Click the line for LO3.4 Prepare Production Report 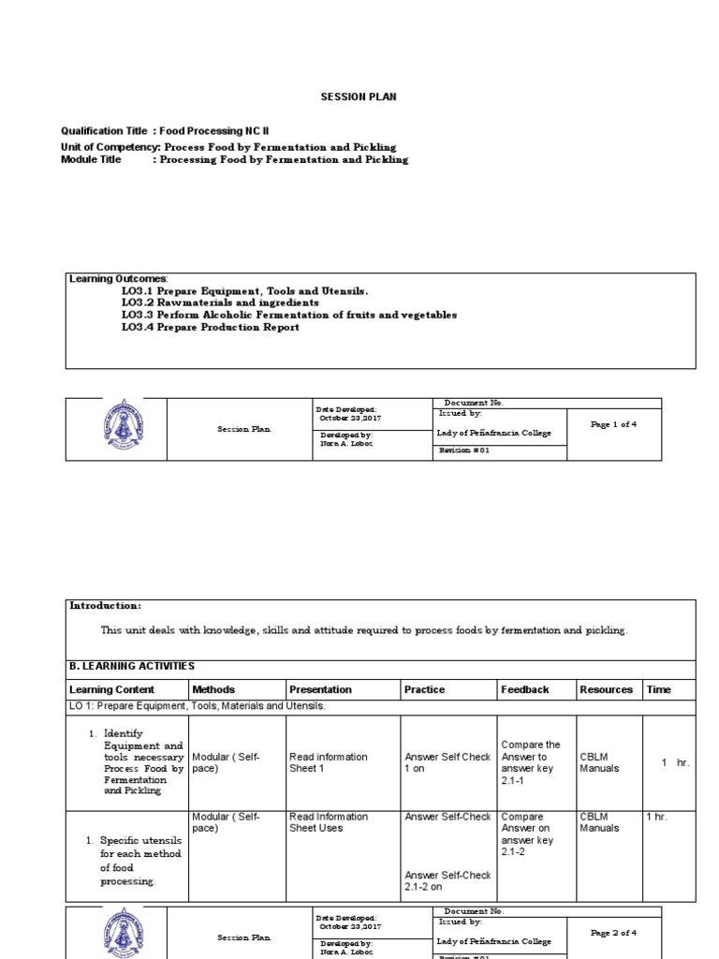[210, 328]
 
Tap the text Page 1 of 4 [613, 424]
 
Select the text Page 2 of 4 [613, 933]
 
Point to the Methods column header [213, 690]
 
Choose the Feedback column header [525, 690]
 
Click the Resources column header [606, 690]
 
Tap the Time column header [659, 690]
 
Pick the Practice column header [424, 690]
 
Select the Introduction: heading [106, 606]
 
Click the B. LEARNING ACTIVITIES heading [132, 666]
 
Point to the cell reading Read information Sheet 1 [329, 762]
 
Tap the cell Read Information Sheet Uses [329, 822]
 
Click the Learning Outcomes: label [118, 279]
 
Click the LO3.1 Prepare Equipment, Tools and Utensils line [238, 291]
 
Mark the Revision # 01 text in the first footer [463, 450]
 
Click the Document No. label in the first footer [474, 403]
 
